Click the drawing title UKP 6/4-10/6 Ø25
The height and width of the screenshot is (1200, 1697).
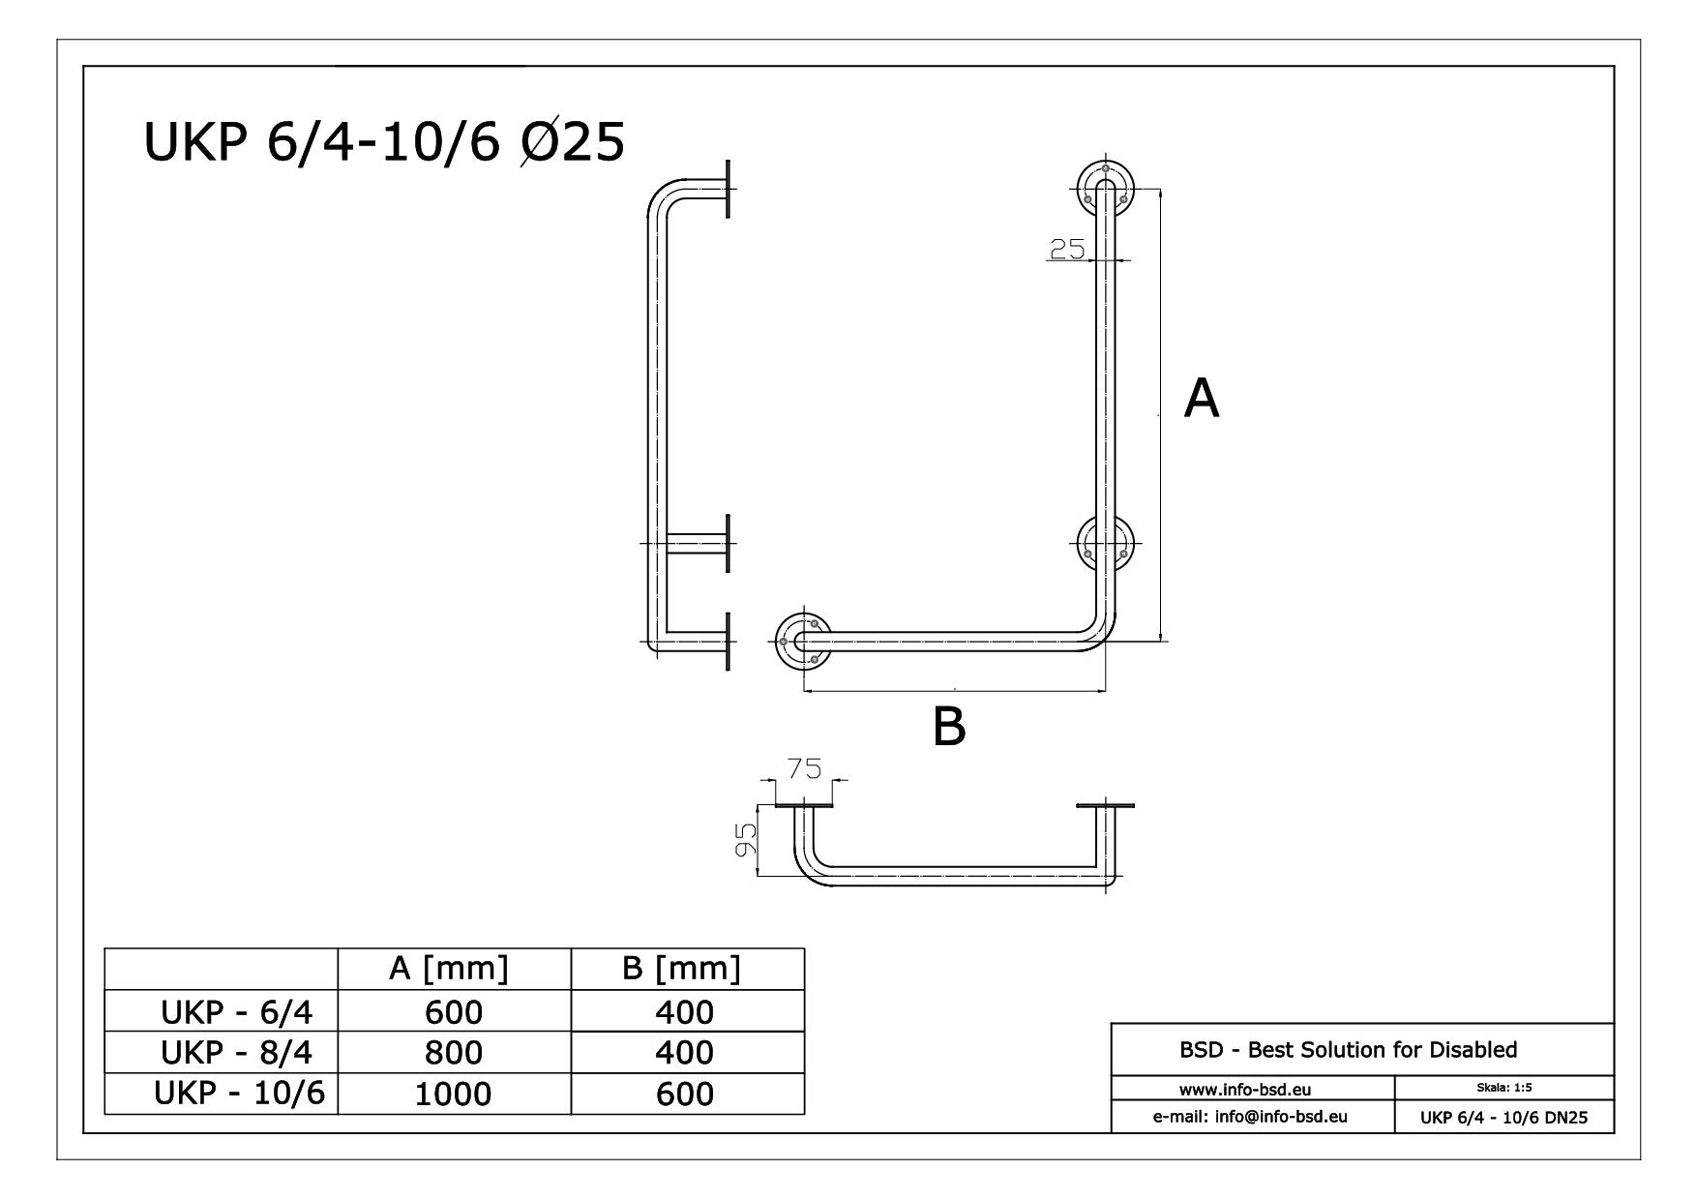[x=384, y=142]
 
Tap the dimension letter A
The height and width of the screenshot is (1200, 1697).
[x=1201, y=398]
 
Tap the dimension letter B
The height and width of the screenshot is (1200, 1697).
[x=949, y=726]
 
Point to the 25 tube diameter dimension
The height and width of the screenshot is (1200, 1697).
[x=1066, y=249]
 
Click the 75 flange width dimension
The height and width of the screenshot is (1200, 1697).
[x=804, y=768]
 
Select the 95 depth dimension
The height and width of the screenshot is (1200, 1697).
[x=745, y=839]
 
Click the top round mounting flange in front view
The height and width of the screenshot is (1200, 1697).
[x=1105, y=188]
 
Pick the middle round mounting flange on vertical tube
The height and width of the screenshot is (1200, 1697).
[x=1105, y=544]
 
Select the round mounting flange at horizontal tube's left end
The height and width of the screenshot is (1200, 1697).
[x=803, y=640]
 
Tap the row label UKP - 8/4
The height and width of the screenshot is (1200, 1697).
[x=237, y=1051]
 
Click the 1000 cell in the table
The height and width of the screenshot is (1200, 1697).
[x=454, y=1094]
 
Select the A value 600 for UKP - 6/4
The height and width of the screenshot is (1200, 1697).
[x=454, y=1011]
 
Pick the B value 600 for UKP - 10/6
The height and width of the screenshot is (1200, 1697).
[x=685, y=1094]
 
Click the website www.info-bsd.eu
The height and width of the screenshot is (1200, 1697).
[x=1251, y=1089]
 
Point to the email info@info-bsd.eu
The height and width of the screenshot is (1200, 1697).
[x=1251, y=1116]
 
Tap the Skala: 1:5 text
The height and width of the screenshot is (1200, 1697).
[x=1503, y=1087]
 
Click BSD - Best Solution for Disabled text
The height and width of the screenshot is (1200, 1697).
[x=1348, y=1049]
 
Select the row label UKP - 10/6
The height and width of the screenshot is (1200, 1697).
[x=240, y=1093]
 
